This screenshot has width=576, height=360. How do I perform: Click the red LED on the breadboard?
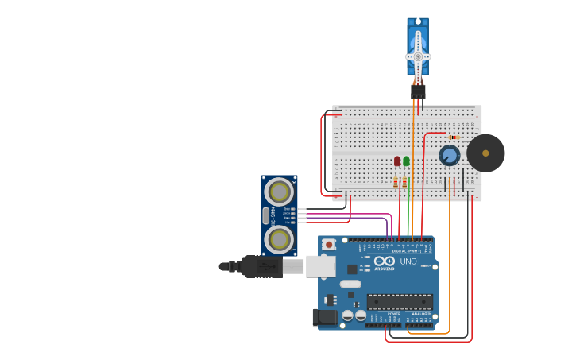(397, 161)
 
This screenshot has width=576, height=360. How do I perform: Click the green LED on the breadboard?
(406, 161)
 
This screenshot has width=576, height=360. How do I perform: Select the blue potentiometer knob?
(450, 155)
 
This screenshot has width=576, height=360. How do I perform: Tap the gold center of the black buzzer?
(485, 153)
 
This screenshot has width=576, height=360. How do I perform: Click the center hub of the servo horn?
(418, 56)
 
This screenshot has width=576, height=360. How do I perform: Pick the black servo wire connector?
(418, 91)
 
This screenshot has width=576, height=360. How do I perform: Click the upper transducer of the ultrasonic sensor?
(279, 192)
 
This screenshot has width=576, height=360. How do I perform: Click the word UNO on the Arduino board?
(408, 261)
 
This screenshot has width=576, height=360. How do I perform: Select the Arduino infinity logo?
(385, 261)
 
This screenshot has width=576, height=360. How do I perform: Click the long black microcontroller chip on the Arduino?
(400, 302)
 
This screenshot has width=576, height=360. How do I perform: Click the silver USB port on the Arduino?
(321, 266)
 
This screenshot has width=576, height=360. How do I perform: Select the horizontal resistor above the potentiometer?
(454, 137)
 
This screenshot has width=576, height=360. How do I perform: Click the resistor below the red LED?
(396, 183)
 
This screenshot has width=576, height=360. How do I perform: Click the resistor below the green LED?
(404, 183)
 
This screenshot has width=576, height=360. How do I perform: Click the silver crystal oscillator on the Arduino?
(350, 284)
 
